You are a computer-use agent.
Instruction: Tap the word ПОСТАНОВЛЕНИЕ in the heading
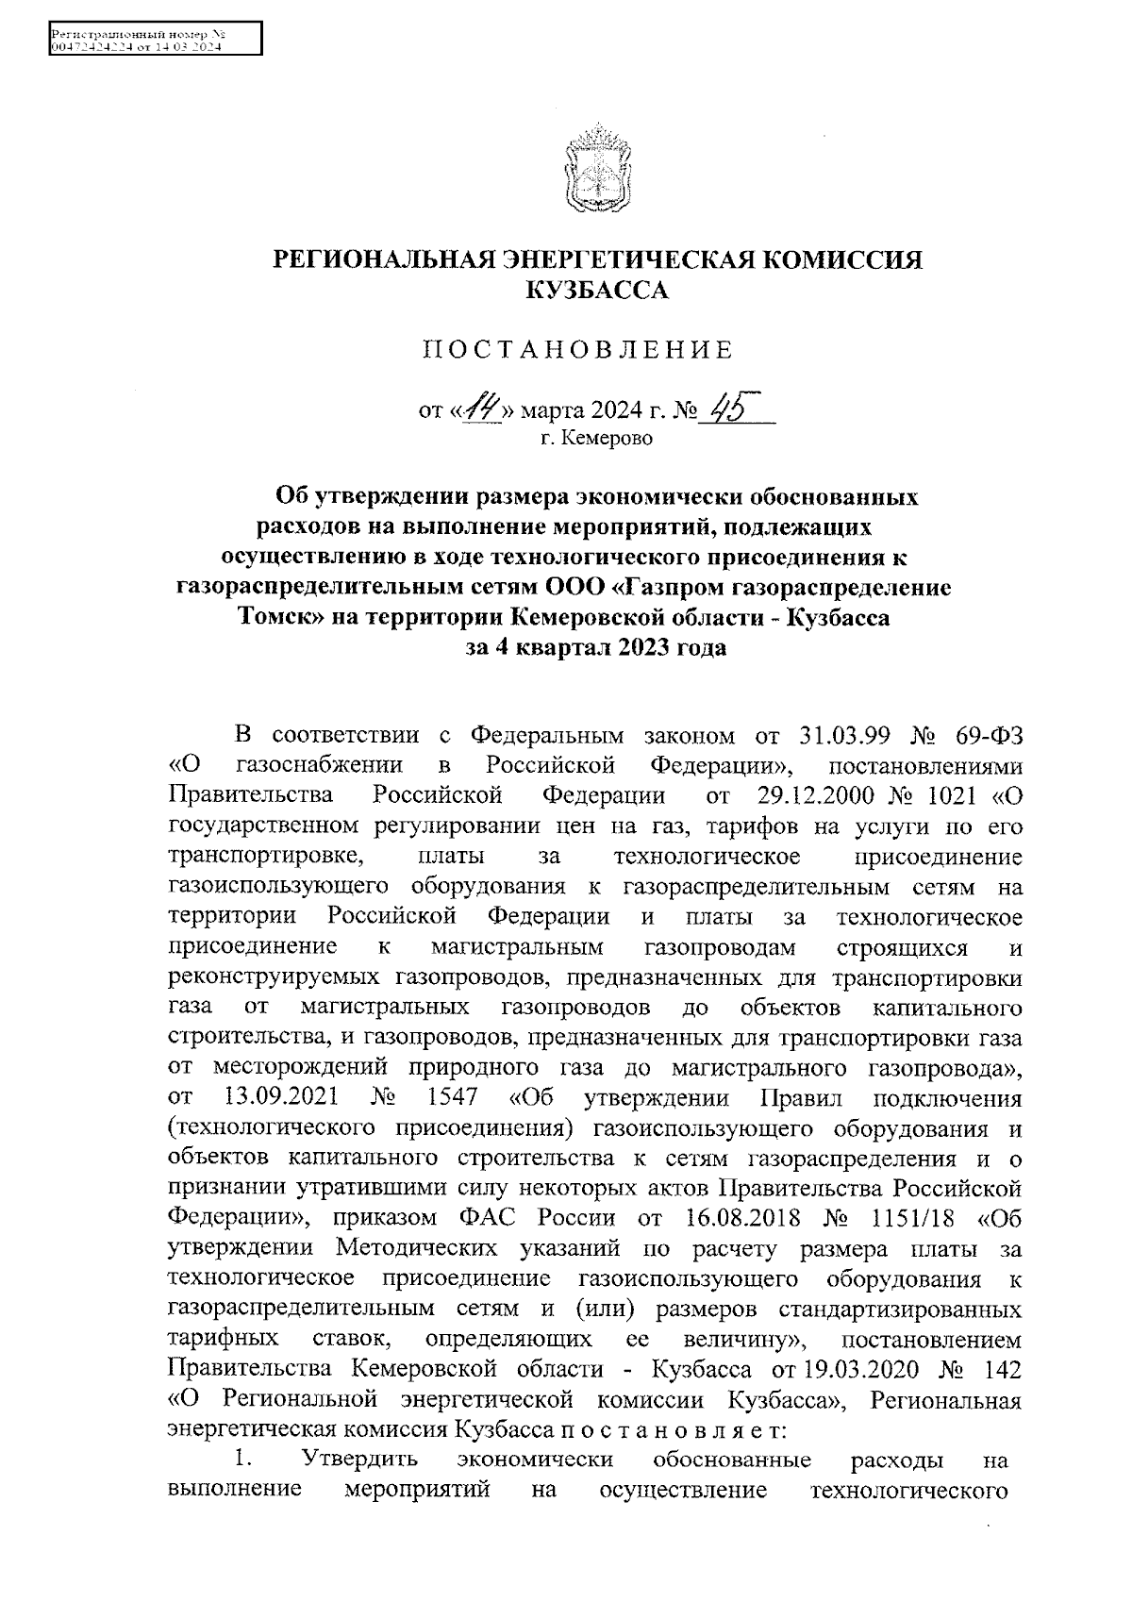(576, 351)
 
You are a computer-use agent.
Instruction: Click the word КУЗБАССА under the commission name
(596, 292)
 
